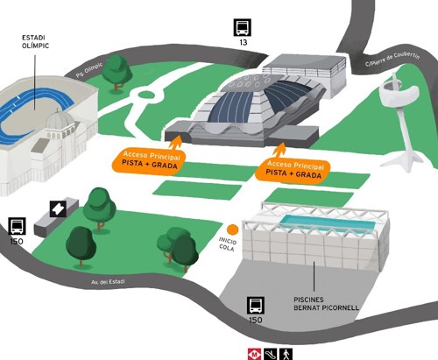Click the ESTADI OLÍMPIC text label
click(35, 42)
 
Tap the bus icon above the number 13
click(243, 27)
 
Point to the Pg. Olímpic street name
click(89, 70)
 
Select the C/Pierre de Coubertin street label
click(392, 60)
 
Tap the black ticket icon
click(58, 208)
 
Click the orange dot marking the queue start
click(233, 229)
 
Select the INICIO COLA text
click(228, 244)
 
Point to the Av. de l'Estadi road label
click(108, 282)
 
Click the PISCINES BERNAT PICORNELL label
click(326, 304)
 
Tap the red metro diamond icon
click(256, 354)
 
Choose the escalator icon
click(271, 354)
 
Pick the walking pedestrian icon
click(286, 354)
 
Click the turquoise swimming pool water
click(327, 222)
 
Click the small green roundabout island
click(145, 95)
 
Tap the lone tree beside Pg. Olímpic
click(117, 73)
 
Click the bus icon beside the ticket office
click(17, 226)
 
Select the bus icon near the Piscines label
click(256, 306)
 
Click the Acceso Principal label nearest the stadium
click(149, 160)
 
